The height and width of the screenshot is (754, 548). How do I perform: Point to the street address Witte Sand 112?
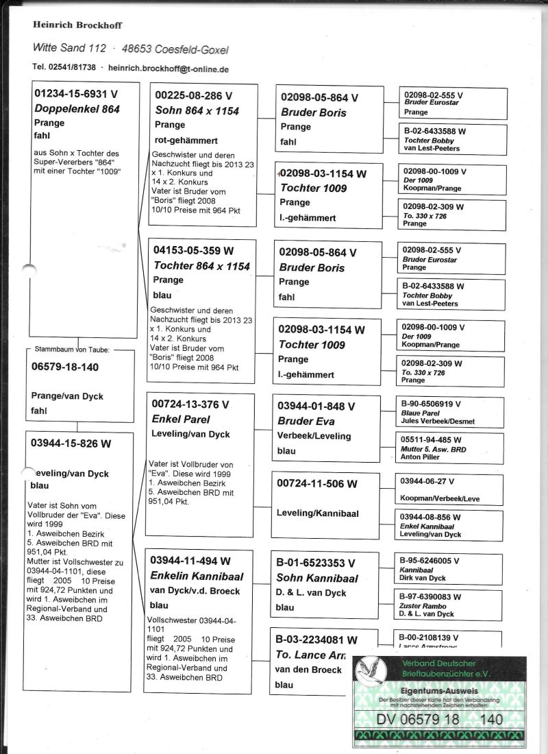click(69, 49)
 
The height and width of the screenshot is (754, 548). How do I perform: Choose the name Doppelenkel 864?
click(76, 109)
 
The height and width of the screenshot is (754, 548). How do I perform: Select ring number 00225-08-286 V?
click(194, 96)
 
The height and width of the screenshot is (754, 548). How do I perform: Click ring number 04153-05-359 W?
click(195, 251)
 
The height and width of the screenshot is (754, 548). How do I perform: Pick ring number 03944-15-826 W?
click(71, 443)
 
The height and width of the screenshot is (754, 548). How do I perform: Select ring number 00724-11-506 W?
click(317, 484)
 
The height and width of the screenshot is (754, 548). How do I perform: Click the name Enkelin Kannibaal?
click(197, 576)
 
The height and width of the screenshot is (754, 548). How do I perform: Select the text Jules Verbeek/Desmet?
click(438, 422)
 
